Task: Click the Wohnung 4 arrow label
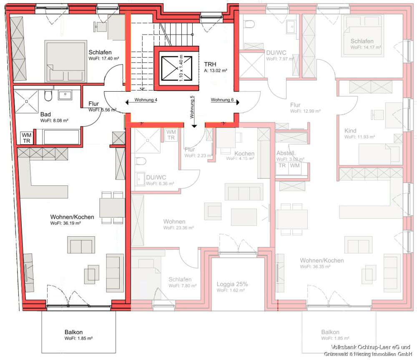click(x=146, y=100)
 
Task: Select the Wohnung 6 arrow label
click(x=222, y=100)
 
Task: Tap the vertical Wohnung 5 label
click(x=192, y=106)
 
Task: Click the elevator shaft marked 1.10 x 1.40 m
click(x=175, y=68)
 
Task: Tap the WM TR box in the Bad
click(x=27, y=137)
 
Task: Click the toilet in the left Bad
click(x=48, y=96)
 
